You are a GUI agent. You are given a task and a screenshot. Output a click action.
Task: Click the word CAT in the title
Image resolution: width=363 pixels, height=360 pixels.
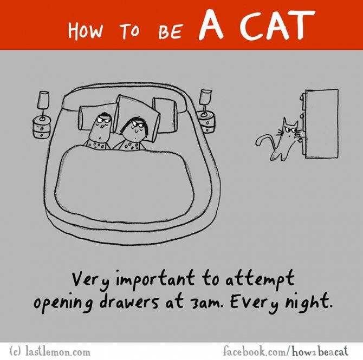[277, 25]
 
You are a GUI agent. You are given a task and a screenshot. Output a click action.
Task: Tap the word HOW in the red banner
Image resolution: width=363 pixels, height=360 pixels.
[85, 31]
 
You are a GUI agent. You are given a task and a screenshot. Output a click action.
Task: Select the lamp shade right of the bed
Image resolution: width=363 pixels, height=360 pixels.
[205, 95]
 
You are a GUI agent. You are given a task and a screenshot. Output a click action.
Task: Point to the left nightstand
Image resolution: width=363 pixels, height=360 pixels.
[42, 127]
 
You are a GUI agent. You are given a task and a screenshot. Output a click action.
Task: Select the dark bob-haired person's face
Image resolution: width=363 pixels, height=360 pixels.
[135, 129]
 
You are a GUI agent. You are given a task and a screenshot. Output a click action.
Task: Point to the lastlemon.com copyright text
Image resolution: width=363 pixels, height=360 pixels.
[49, 352]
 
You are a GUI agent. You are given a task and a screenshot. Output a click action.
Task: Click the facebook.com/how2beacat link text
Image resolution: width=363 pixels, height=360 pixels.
[286, 351]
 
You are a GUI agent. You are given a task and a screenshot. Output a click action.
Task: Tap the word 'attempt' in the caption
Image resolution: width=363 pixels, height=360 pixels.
[260, 279]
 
